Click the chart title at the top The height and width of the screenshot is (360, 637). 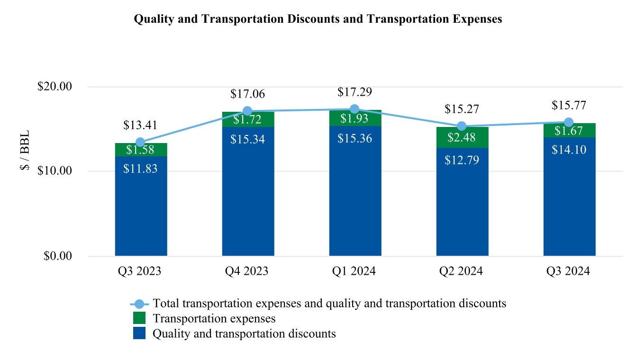[x=318, y=19]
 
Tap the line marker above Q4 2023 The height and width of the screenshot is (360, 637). [x=247, y=111]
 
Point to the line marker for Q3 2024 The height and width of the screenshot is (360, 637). [x=569, y=122]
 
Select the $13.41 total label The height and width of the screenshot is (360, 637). [x=141, y=126]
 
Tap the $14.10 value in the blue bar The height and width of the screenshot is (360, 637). [x=569, y=150]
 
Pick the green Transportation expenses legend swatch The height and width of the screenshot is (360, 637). [x=139, y=318]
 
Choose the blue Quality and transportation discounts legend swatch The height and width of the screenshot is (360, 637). [x=139, y=333]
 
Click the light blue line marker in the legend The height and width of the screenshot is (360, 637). [x=139, y=304]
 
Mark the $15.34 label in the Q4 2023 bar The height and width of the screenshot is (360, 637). [x=248, y=139]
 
